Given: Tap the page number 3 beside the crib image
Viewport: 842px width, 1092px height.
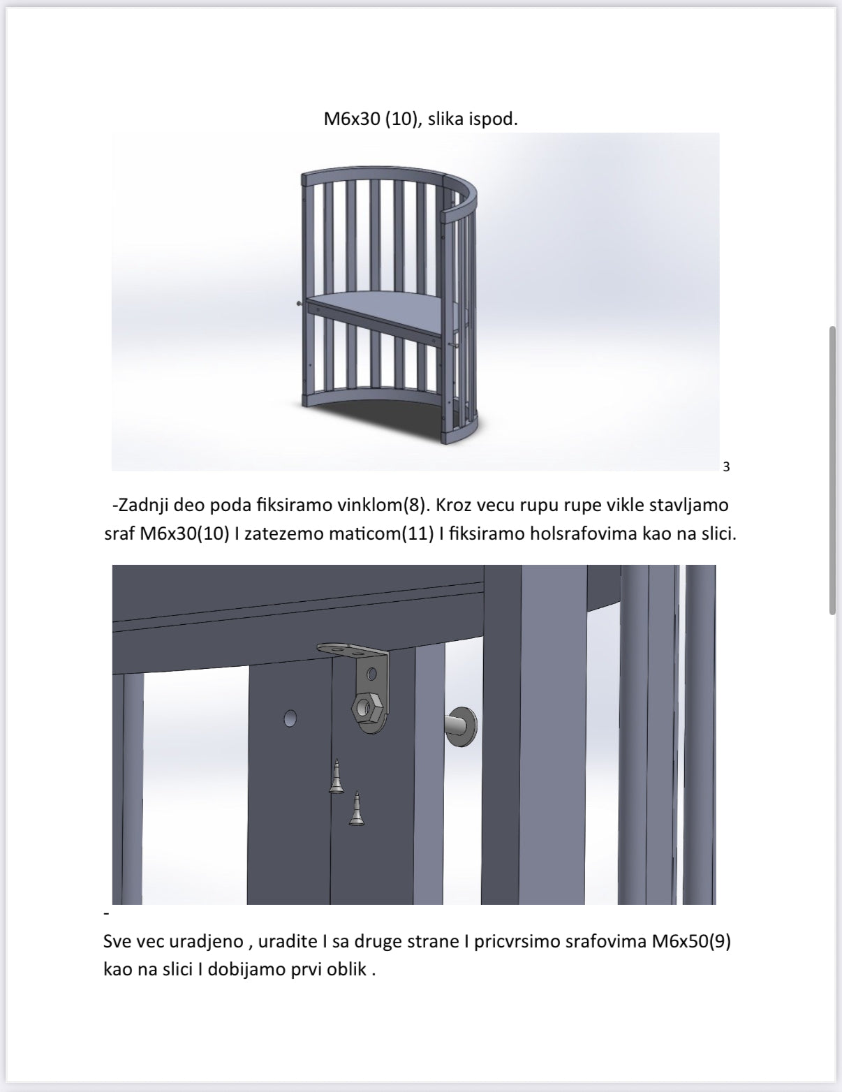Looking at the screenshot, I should [726, 466].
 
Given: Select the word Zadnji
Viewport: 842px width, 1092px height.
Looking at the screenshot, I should [140, 504].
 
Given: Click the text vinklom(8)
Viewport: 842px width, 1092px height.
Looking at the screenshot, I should [385, 504].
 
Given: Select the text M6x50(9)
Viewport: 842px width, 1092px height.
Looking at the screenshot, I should [691, 941].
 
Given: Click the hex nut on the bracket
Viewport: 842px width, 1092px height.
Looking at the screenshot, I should [364, 708].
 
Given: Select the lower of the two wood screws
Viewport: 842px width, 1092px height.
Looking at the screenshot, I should [356, 810].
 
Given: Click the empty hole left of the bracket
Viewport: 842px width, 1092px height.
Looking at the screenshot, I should [290, 718].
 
